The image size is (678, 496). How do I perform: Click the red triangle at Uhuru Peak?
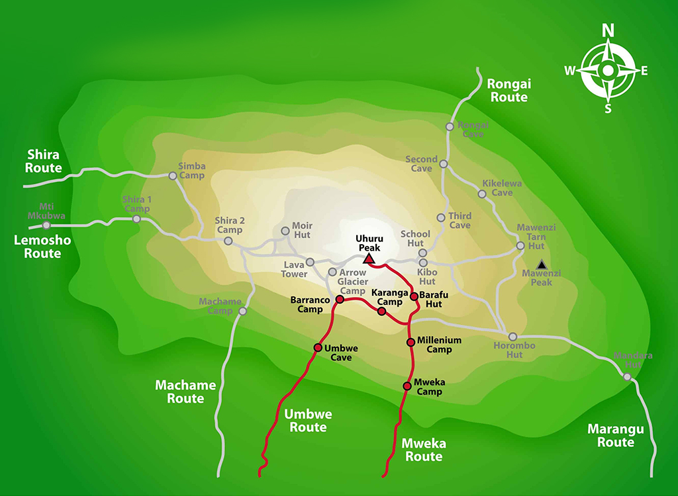369,259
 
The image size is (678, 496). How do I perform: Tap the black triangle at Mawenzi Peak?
542,263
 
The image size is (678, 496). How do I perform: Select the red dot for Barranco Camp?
340,300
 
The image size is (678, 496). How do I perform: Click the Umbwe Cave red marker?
318,348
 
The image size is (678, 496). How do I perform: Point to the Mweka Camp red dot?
407,386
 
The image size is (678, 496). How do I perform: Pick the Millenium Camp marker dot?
411,342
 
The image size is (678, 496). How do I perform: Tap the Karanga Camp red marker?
381,311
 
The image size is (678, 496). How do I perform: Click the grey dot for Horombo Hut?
512,337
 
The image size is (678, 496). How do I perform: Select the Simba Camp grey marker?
173,176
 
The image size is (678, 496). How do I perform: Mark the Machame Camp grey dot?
242,311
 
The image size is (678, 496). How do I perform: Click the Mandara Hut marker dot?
627,377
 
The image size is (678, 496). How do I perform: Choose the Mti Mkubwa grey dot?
46,225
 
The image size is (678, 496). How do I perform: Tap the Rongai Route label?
508,91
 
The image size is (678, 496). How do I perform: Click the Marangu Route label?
616,436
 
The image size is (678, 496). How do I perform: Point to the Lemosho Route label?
42,247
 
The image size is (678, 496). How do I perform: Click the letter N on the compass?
608,30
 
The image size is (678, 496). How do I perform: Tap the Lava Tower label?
295,269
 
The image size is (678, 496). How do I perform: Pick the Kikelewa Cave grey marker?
482,194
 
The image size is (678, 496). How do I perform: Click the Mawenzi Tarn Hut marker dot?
520,246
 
